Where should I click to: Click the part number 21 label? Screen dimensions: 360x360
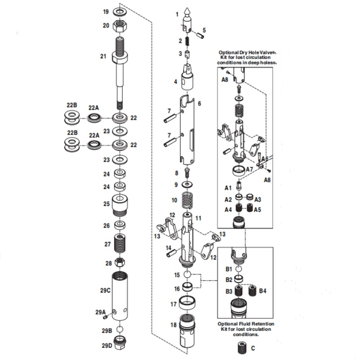103,56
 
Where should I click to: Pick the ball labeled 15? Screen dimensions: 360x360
188,275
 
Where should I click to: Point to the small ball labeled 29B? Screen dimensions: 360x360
120,330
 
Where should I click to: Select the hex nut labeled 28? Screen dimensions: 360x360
121,262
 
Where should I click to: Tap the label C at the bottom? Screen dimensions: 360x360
253,348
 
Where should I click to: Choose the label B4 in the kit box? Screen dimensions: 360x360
263,291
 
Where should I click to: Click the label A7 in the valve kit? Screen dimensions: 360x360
252,170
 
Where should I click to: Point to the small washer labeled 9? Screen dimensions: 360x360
187,184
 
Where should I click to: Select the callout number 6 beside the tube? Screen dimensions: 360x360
199,103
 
